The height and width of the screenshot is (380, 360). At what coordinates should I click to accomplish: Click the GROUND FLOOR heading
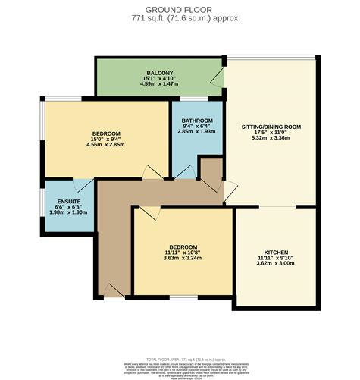(180, 8)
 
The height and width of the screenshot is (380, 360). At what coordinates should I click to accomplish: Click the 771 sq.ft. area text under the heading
(180, 17)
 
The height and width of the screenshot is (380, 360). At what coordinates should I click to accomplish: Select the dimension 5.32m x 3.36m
(271, 138)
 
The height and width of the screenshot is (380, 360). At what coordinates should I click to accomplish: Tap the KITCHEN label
(275, 252)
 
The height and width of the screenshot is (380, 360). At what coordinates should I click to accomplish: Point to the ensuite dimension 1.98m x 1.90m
(67, 213)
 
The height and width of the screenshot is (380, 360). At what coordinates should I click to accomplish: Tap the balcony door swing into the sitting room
(218, 77)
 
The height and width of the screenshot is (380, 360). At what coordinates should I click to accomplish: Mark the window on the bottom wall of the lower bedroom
(182, 296)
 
